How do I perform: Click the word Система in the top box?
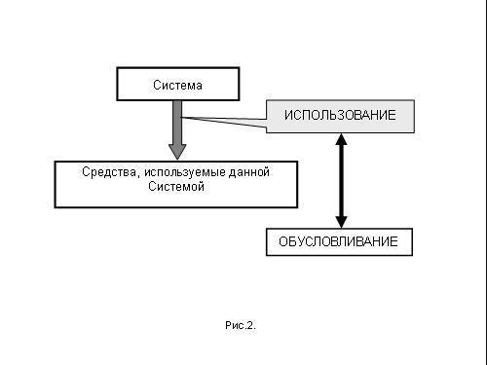(x=177, y=86)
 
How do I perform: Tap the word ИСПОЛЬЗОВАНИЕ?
(x=340, y=116)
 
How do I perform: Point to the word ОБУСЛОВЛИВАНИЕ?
(x=339, y=242)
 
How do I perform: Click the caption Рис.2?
(x=240, y=325)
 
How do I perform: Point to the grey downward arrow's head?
(x=176, y=151)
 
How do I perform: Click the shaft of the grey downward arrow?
(x=176, y=121)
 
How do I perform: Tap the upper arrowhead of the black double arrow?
(x=341, y=139)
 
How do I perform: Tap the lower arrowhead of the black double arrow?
(x=341, y=221)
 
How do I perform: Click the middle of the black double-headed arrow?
(x=341, y=180)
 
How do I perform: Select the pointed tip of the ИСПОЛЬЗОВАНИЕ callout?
(x=182, y=118)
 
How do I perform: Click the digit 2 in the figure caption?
(x=249, y=325)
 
